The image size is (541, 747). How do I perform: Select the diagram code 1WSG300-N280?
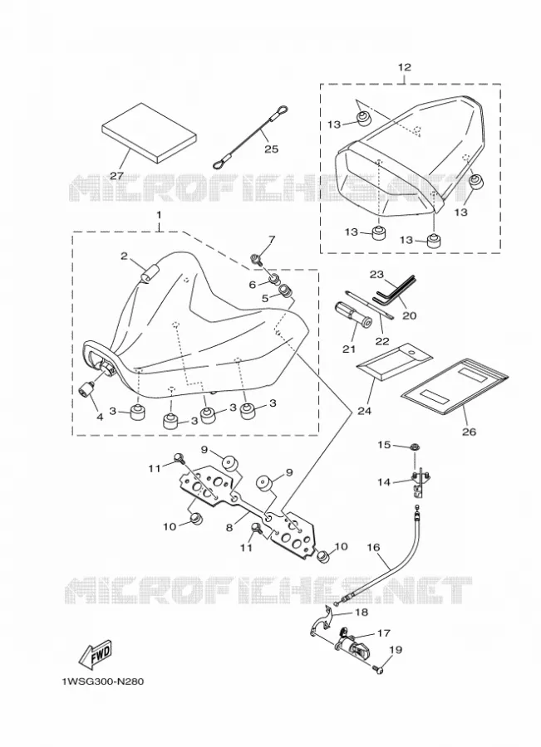tap(102, 682)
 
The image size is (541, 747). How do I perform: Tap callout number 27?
tap(117, 175)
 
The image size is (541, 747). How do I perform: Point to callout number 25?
tap(272, 149)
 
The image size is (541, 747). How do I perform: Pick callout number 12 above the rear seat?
tap(405, 67)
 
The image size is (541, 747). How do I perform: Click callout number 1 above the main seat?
tap(159, 215)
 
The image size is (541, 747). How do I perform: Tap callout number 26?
tap(470, 432)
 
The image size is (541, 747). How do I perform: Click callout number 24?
tap(365, 411)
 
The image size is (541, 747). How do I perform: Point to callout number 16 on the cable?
tap(374, 548)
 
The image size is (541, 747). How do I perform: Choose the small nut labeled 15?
tap(414, 447)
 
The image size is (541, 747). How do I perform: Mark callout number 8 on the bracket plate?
tap(229, 527)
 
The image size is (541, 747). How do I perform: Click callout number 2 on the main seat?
tap(124, 256)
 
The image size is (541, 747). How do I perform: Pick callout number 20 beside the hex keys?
tap(410, 315)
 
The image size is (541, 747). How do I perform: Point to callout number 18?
tap(362, 613)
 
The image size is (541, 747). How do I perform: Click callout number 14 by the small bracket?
tap(384, 482)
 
